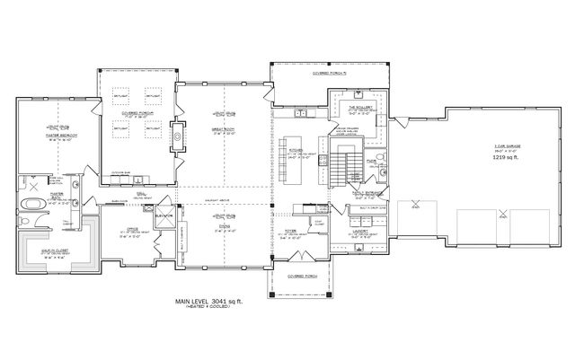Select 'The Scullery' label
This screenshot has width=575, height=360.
click(x=360, y=108)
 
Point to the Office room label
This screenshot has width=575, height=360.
click(x=132, y=229)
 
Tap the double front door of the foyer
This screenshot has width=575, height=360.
click(x=296, y=260)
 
